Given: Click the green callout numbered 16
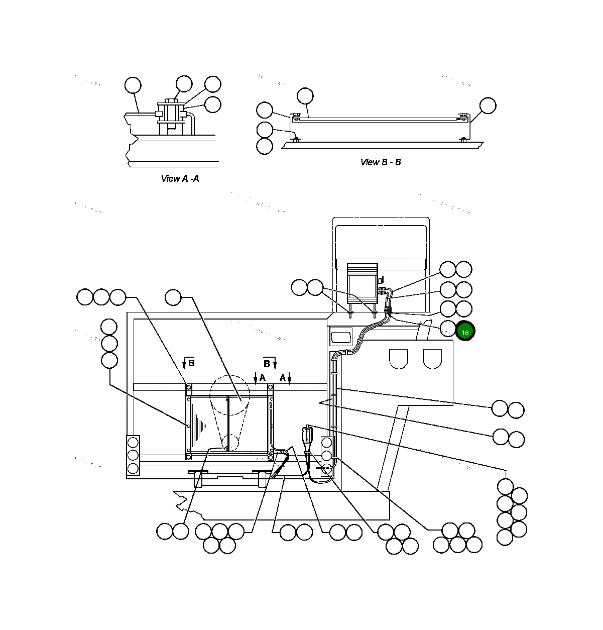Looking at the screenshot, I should coord(465,332).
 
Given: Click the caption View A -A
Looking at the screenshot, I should coord(180,178).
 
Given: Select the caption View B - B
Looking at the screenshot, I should coord(380,162).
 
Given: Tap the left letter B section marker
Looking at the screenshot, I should coord(191,363).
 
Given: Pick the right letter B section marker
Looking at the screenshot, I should coord(267,363).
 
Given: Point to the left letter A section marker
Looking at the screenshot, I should coord(262,378).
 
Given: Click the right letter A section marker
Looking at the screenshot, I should coord(283,378).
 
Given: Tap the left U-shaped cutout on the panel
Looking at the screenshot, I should coord(398,358).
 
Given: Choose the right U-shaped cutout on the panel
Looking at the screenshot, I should coord(432,358).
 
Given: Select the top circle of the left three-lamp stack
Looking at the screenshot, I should coord(133,443).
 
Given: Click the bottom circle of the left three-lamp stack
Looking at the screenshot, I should coord(133,468).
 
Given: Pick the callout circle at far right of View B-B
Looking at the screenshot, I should coord(488,106).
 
